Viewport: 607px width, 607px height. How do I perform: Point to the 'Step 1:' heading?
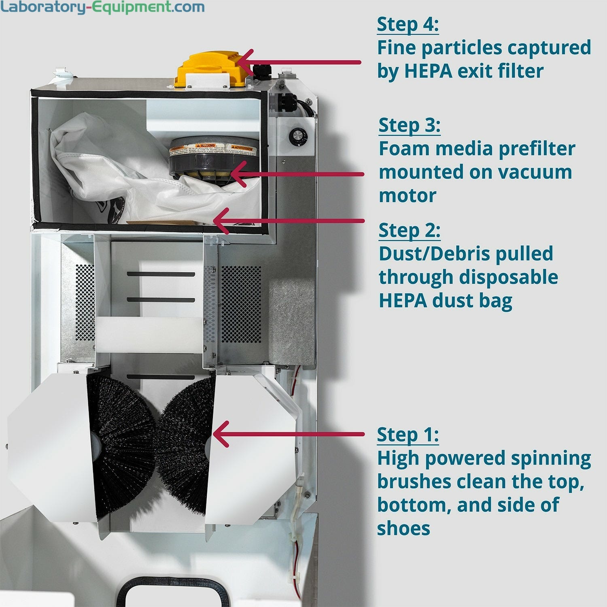407,435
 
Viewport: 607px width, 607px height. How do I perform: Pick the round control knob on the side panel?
298,135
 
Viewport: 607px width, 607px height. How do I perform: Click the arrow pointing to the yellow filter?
299,62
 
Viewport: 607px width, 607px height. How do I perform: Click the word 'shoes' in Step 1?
403,528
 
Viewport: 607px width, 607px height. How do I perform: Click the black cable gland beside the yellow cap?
259,71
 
